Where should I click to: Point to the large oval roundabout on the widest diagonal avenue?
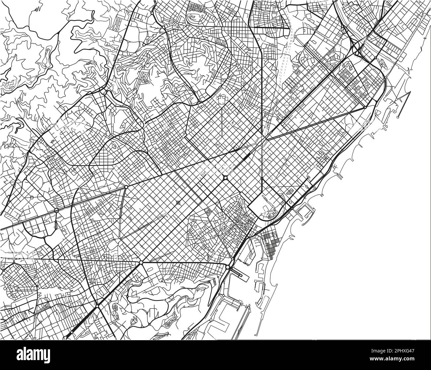click(225, 178)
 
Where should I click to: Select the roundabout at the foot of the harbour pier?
click(228, 267)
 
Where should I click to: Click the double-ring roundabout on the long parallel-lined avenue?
click(57, 210)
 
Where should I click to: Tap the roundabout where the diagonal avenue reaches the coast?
click(365, 107)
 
